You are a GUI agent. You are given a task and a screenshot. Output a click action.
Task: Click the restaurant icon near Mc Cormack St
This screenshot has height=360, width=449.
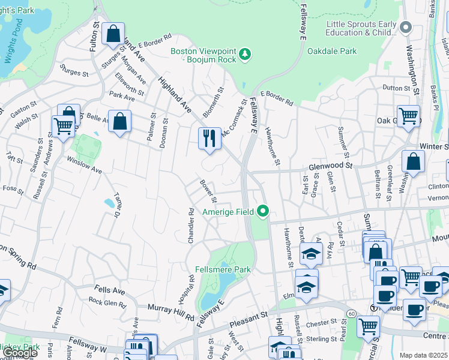pyautogui.click(x=209, y=138)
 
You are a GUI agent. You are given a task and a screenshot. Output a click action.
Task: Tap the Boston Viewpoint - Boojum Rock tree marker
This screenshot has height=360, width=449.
pyautogui.click(x=245, y=55)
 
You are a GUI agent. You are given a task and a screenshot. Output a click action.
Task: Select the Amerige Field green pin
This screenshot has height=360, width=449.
pyautogui.click(x=262, y=211)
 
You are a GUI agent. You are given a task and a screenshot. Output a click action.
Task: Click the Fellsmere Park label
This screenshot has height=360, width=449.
pyautogui.click(x=223, y=269)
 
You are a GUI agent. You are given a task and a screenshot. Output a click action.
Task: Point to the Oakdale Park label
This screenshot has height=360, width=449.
pyautogui.click(x=332, y=51)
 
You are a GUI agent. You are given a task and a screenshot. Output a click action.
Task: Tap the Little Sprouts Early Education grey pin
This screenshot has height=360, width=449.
pyautogui.click(x=406, y=28)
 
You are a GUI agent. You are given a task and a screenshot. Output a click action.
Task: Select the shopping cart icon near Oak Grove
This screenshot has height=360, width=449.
pyautogui.click(x=408, y=115)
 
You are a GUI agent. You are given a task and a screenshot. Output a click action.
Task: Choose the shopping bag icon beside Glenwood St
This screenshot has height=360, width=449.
pyautogui.click(x=413, y=161)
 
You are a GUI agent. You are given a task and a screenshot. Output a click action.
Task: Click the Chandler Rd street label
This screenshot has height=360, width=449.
pyautogui.click(x=191, y=225)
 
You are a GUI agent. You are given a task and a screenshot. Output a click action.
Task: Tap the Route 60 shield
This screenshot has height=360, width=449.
pyautogui.click(x=349, y=313)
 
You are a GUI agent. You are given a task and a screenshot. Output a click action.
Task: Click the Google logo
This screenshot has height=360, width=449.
pyautogui.click(x=20, y=353)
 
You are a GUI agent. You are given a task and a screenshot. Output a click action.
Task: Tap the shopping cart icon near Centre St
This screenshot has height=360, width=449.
pyautogui.click(x=368, y=326)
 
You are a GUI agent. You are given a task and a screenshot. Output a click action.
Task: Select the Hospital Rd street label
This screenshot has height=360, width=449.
pyautogui.click(x=191, y=289)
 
